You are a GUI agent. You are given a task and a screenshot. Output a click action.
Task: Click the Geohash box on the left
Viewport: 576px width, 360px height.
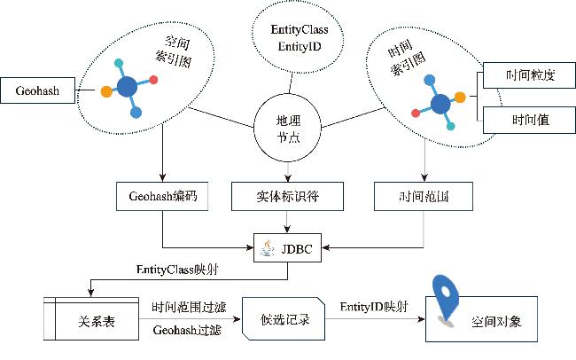[37, 90]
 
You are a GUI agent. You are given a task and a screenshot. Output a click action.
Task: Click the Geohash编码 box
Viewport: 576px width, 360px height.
[162, 197]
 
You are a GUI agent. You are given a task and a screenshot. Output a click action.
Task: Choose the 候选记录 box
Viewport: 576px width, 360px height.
[284, 319]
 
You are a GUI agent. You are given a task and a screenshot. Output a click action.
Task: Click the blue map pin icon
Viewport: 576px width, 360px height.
[442, 299]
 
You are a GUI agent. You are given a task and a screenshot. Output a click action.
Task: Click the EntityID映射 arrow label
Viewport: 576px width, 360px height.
[374, 306]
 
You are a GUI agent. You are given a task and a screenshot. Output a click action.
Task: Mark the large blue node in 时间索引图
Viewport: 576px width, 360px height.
[439, 103]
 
